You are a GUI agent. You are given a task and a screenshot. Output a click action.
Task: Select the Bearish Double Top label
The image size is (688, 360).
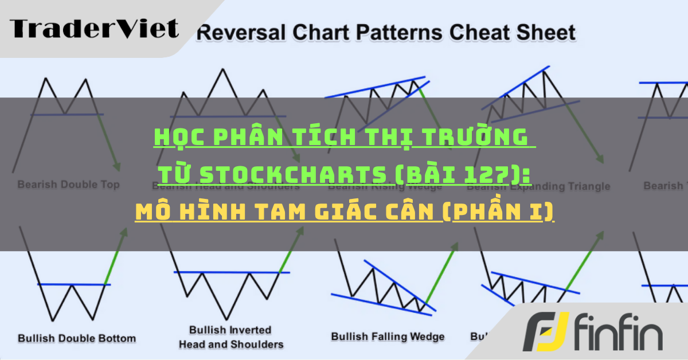point(68,185)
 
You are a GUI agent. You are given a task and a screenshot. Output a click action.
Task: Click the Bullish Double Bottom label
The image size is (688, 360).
point(77,338)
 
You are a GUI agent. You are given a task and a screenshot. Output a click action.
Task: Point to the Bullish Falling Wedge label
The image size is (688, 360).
point(388,336)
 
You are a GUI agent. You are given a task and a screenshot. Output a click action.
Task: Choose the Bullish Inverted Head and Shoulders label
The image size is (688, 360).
point(230,337)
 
